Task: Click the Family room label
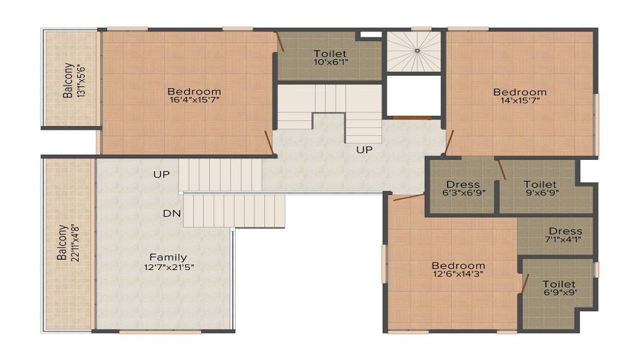click(x=168, y=257)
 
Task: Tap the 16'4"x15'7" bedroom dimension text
click(x=194, y=100)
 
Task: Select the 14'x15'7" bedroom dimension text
click(x=519, y=101)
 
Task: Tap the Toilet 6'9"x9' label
click(x=559, y=289)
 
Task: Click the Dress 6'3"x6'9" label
click(x=463, y=189)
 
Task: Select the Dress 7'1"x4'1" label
click(x=565, y=235)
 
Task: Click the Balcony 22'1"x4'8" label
click(x=67, y=242)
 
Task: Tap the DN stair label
click(x=172, y=214)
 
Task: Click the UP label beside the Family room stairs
click(x=161, y=174)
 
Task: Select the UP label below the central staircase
click(x=364, y=150)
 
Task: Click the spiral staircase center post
click(x=417, y=50)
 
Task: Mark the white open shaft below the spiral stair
click(x=413, y=96)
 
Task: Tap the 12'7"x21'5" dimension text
click(x=168, y=267)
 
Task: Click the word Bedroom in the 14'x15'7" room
click(x=519, y=92)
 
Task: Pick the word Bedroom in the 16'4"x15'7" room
click(x=194, y=91)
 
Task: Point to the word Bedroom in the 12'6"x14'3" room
click(x=458, y=265)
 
